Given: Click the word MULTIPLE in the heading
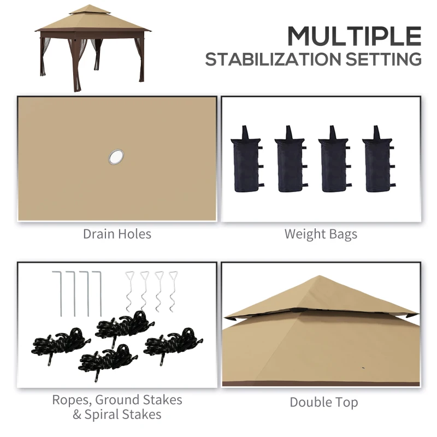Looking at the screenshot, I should point(354,36).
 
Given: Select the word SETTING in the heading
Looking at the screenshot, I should point(390,59).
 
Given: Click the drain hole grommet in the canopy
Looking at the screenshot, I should point(116,157).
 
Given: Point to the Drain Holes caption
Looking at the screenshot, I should point(117,234).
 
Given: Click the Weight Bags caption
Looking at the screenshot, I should point(321,234).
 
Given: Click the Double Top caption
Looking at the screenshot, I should point(324,403).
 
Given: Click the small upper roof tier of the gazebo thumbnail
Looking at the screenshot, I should point(90,9).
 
